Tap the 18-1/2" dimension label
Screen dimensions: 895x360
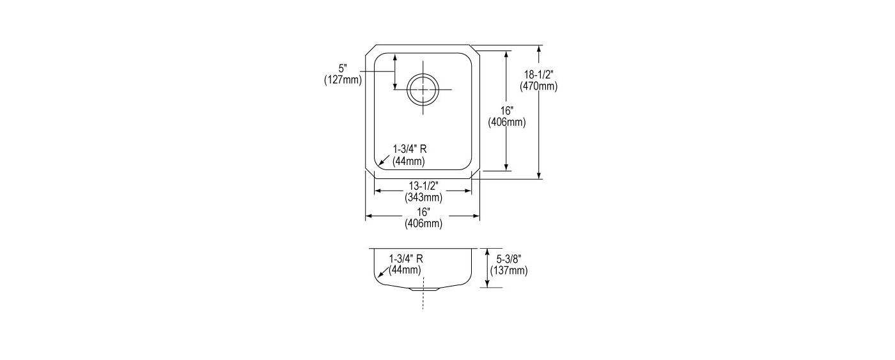(x=538, y=74)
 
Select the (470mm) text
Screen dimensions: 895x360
(x=538, y=86)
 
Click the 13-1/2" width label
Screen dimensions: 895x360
(x=423, y=186)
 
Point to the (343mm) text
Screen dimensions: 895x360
(x=423, y=197)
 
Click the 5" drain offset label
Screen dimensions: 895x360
(x=343, y=68)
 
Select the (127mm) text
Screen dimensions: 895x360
(x=343, y=80)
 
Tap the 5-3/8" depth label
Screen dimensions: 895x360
(x=508, y=260)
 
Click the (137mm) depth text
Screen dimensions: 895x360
(x=509, y=270)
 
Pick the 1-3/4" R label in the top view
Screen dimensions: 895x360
(x=410, y=149)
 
